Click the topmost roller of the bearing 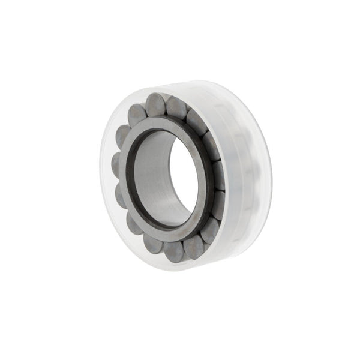tap(156, 104)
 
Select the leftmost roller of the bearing tap(118, 164)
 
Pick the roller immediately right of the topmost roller tap(178, 108)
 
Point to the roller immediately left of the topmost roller tap(137, 114)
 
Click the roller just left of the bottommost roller tap(153, 243)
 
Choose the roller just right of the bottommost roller tap(193, 246)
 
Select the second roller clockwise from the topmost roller tap(196, 122)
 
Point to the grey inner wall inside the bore tap(153, 174)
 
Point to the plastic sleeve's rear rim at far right tap(268, 174)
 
